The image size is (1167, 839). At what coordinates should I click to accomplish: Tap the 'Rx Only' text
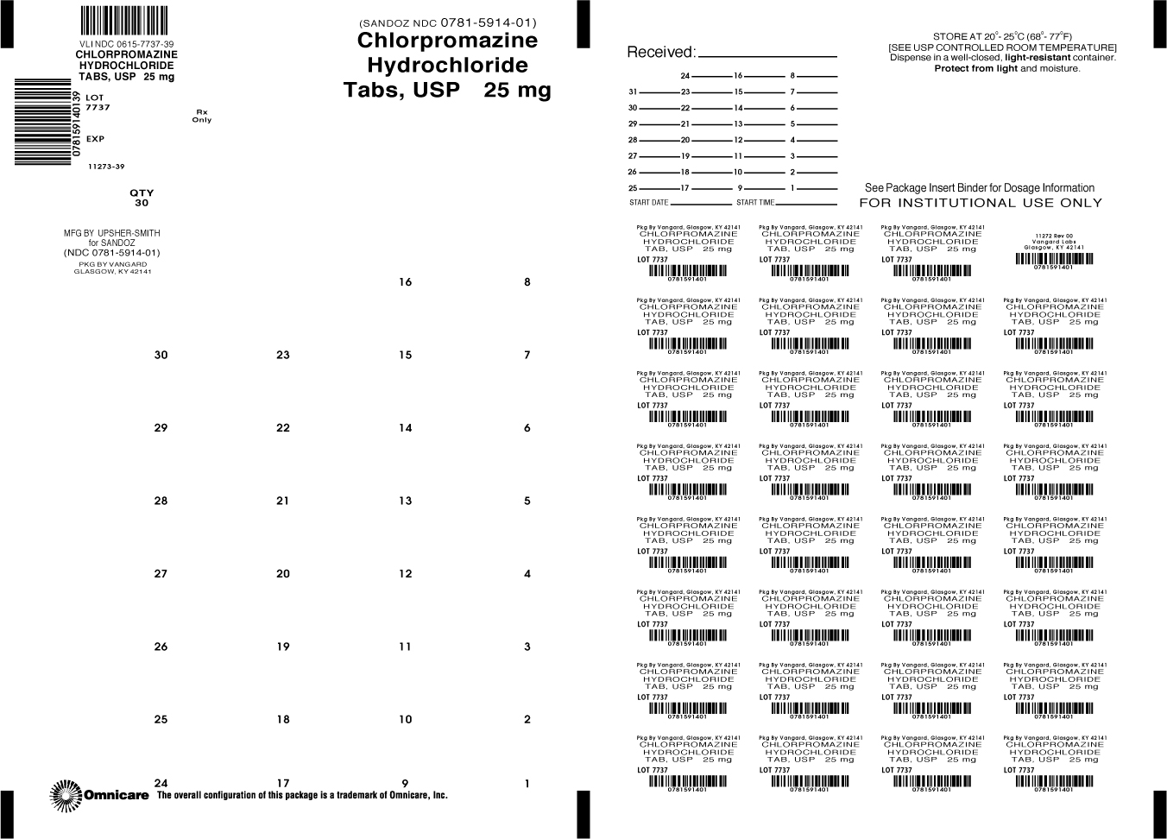point(202,116)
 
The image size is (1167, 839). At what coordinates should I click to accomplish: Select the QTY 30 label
point(141,198)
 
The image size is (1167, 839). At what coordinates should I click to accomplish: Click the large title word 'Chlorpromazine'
point(446,41)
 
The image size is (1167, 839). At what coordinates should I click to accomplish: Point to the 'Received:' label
point(660,52)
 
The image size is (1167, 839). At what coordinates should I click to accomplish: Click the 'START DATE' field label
point(649,203)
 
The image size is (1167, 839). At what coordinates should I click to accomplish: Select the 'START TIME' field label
point(755,203)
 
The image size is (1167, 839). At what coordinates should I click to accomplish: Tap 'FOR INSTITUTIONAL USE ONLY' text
point(981,203)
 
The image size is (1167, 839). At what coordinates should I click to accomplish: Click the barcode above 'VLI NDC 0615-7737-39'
point(124,20)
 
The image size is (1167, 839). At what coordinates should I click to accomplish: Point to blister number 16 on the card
point(405,282)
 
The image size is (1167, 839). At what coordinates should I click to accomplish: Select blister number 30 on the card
point(161,355)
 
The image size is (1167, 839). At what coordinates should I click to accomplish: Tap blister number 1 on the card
point(527,784)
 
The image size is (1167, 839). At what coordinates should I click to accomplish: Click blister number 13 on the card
point(405,501)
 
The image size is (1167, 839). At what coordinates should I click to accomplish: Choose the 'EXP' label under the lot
point(95,139)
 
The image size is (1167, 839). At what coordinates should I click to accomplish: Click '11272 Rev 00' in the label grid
point(1053,235)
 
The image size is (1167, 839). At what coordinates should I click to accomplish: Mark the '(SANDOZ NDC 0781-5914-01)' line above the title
point(446,22)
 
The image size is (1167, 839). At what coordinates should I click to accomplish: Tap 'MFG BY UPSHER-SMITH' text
point(112,233)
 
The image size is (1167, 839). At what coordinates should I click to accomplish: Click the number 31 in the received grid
point(633,92)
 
